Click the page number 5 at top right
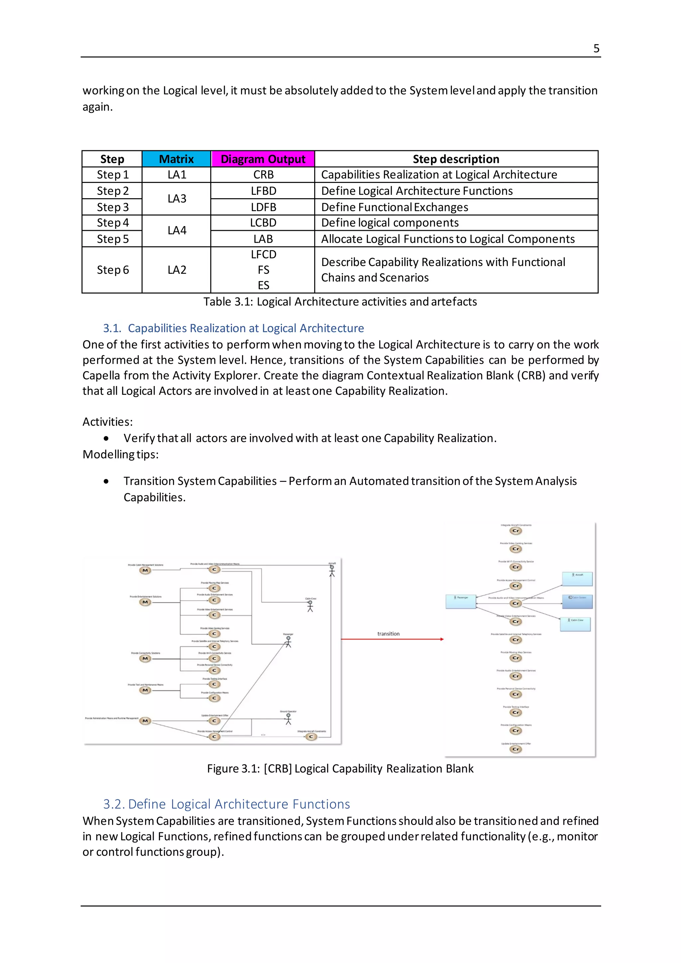point(596,49)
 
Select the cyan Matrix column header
point(176,159)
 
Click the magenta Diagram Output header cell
point(263,159)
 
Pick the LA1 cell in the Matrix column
point(177,175)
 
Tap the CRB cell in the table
point(263,175)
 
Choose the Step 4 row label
point(112,223)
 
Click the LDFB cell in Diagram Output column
point(263,207)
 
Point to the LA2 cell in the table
point(177,270)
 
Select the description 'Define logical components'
point(390,223)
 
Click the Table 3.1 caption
point(340,302)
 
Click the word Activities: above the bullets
point(107,422)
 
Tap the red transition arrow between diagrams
point(392,639)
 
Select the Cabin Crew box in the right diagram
point(575,624)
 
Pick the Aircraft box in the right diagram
point(578,578)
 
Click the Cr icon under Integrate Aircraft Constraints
point(515,531)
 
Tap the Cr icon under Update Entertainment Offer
point(515,749)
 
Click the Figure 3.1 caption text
point(340,768)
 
